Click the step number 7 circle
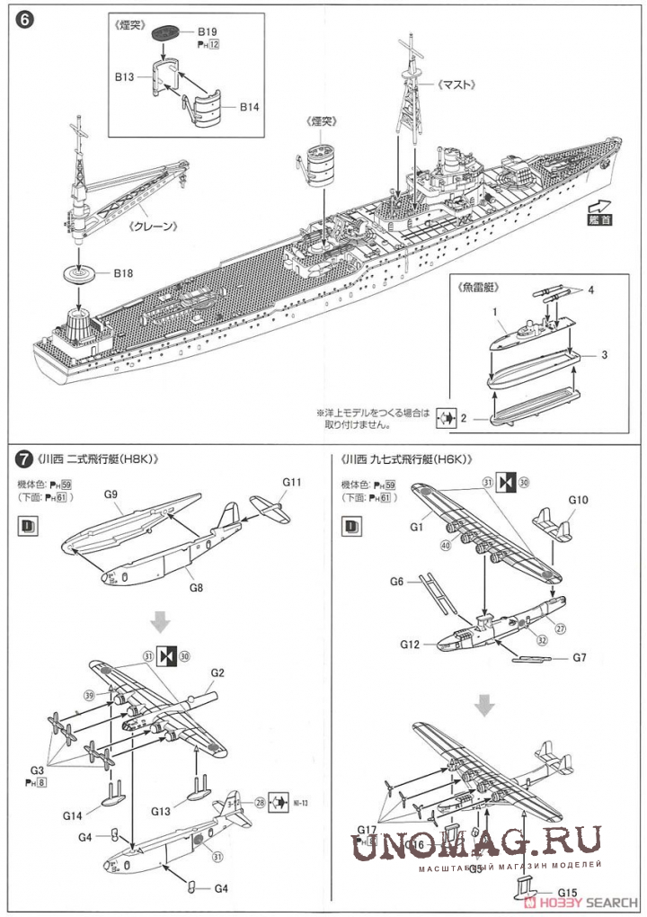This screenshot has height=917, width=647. [x=24, y=459]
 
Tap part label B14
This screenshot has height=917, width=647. [x=250, y=106]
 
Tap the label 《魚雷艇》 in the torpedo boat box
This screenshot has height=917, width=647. [x=478, y=289]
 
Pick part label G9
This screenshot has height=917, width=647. [x=111, y=494]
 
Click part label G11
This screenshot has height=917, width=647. [x=289, y=482]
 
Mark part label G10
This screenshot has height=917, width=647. [x=578, y=500]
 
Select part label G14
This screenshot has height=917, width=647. [x=74, y=815]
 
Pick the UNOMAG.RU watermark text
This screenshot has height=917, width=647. [x=476, y=843]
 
